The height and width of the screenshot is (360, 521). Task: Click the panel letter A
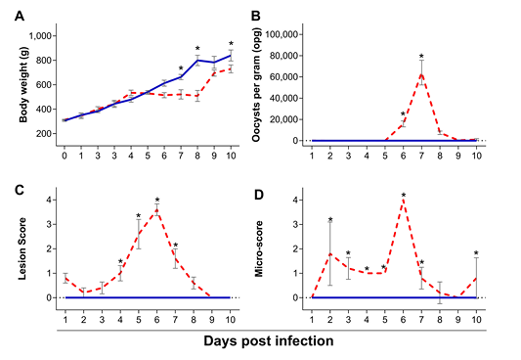pyautogui.click(x=20, y=16)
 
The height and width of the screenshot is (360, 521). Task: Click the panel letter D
pyautogui.click(x=259, y=195)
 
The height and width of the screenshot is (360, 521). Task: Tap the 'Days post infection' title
pyautogui.click(x=269, y=341)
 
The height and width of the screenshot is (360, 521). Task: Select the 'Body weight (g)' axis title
pyautogui.click(x=23, y=84)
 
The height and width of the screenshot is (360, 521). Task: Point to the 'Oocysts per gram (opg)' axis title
pyautogui.click(x=256, y=84)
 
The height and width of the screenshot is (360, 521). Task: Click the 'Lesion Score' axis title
pyautogui.click(x=22, y=248)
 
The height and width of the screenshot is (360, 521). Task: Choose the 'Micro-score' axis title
pyautogui.click(x=258, y=249)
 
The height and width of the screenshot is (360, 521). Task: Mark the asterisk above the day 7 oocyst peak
pyautogui.click(x=421, y=56)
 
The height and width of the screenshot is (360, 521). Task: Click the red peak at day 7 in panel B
pyautogui.click(x=421, y=73)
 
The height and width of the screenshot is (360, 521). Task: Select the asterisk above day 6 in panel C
pyautogui.click(x=157, y=200)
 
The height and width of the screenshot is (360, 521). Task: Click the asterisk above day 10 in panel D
pyautogui.click(x=476, y=253)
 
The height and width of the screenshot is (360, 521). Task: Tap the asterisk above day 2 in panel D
pyautogui.click(x=330, y=219)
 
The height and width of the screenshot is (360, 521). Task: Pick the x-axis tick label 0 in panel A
pyautogui.click(x=65, y=156)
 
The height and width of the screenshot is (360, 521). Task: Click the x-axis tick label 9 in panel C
pyautogui.click(x=212, y=320)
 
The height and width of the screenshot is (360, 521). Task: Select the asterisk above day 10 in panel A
pyautogui.click(x=231, y=44)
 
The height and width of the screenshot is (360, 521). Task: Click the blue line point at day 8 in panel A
pyautogui.click(x=197, y=61)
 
